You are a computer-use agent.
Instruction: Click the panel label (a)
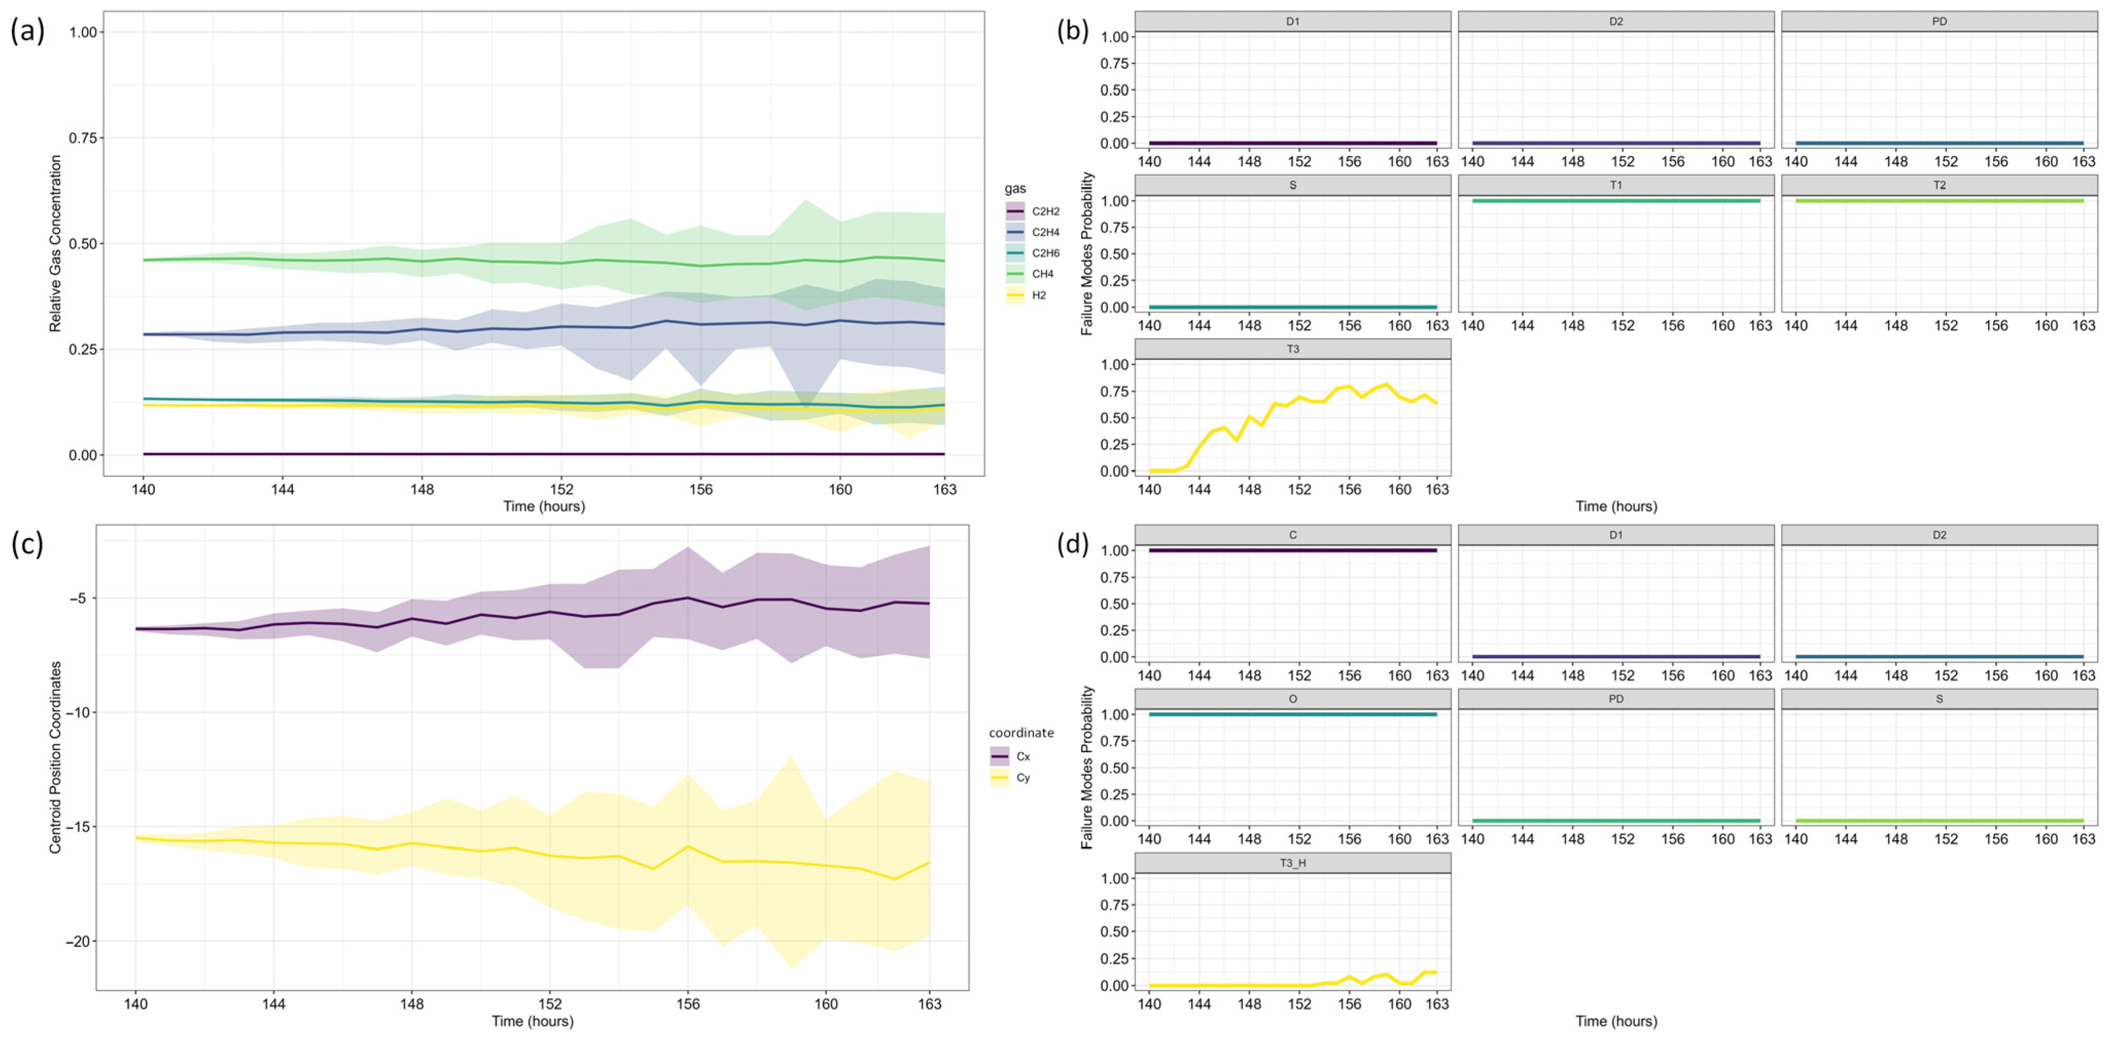[x=27, y=31]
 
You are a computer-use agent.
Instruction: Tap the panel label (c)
[x=27, y=543]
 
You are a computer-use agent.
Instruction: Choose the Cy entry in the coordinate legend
[x=1013, y=777]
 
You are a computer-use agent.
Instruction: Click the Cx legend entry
[x=1013, y=756]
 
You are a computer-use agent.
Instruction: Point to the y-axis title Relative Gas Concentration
[x=56, y=244]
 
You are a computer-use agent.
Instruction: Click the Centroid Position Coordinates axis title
[x=56, y=757]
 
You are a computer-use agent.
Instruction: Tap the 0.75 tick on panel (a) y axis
[x=83, y=137]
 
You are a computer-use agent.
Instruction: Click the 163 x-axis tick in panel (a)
[x=944, y=489]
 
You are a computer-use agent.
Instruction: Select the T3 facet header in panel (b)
[x=1292, y=349]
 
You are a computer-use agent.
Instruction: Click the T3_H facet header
[x=1292, y=862]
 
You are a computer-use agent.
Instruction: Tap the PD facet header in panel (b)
[x=1939, y=21]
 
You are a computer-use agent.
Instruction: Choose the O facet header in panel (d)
[x=1292, y=699]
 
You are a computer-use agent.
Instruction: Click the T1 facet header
[x=1615, y=185]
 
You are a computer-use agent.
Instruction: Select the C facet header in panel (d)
[x=1292, y=535]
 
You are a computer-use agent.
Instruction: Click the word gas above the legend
[x=1015, y=188]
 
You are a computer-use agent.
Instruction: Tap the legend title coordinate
[x=1021, y=733]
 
